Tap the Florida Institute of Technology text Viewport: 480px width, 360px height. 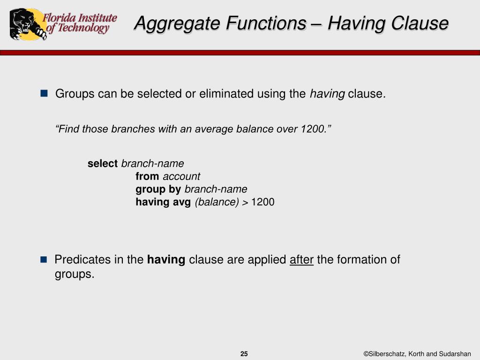[80, 23]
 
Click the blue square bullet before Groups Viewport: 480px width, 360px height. [44, 93]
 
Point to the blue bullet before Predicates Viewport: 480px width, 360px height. [44, 259]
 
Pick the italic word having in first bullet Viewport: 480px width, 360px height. [327, 94]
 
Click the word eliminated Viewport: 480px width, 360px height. [226, 94]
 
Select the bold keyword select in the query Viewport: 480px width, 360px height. [103, 164]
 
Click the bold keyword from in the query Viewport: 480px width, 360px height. [147, 176]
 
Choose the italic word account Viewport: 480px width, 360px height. [181, 176]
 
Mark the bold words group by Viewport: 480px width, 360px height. [158, 189]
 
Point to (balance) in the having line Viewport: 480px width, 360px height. [217, 202]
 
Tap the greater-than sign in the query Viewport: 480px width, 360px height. [246, 202]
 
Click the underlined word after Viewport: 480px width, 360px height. [301, 260]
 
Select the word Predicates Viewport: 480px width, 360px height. [82, 260]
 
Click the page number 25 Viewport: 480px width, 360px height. [244, 354]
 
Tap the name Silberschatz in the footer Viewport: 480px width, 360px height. [387, 354]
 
